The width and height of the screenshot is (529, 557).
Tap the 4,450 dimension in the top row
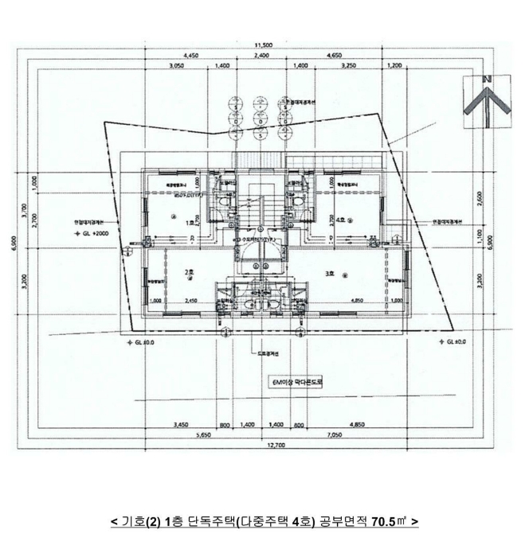pos(190,56)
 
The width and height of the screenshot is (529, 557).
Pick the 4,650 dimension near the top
pos(335,56)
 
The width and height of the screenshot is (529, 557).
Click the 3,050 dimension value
pos(178,66)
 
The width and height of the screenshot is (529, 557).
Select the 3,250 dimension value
pos(347,66)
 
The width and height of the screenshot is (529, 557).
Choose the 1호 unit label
pos(189,224)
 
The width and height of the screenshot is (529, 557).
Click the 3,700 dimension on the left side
pos(25,212)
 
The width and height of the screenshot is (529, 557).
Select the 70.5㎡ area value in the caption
pos(390,522)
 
